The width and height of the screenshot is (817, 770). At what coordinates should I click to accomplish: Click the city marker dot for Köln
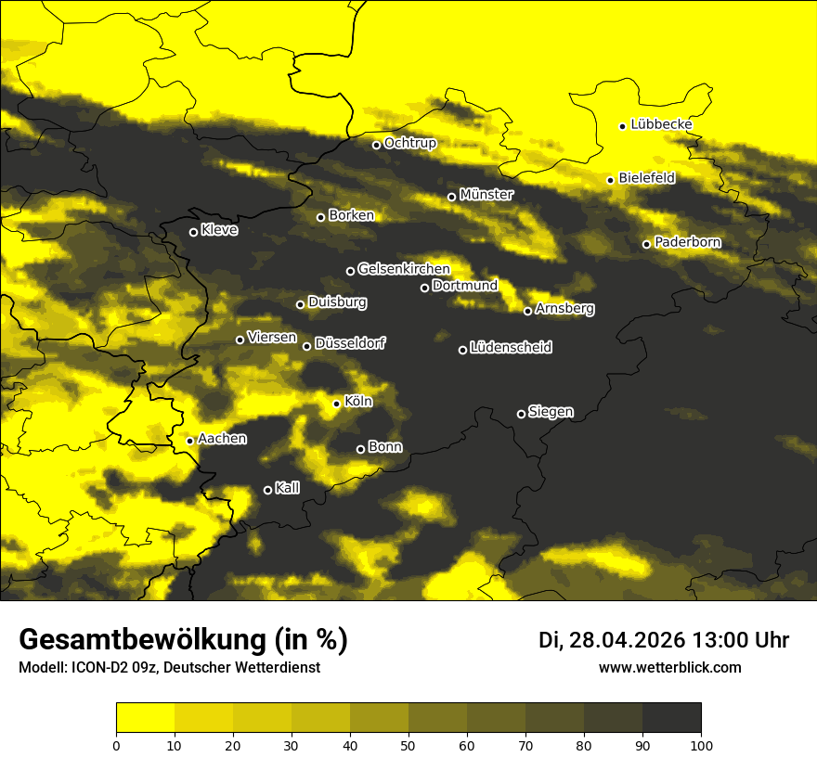336,404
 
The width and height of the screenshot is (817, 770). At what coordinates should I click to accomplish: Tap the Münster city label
486,195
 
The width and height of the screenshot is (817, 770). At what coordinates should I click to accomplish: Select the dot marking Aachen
189,441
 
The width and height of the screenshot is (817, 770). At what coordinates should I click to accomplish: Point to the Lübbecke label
661,124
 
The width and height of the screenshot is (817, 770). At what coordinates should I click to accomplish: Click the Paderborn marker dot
646,244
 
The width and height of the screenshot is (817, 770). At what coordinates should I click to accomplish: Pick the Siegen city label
551,412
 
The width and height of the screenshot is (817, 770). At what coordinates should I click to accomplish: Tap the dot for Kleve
193,232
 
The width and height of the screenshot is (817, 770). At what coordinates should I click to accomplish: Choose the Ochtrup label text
410,144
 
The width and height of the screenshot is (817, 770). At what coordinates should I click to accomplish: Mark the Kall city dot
267,490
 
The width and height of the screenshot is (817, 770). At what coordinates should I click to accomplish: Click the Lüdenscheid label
511,348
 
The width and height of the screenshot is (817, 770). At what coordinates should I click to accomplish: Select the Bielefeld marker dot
610,180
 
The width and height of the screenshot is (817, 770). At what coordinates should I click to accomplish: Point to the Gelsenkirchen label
404,269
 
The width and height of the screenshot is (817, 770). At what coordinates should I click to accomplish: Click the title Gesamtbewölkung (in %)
183,640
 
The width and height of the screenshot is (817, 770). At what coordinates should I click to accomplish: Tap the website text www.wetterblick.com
669,667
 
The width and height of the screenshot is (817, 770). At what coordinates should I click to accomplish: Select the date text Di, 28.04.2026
611,640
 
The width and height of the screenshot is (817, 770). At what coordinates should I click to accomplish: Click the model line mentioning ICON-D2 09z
169,668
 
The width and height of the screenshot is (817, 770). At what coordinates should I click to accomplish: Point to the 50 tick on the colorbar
408,744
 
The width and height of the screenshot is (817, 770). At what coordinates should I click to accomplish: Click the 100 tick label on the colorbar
701,744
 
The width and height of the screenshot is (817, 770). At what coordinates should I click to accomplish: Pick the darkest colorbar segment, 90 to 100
671,717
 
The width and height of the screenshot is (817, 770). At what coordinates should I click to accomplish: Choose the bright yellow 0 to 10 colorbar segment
145,717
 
